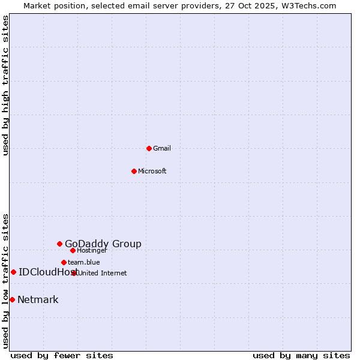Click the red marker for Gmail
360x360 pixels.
(x=149, y=148)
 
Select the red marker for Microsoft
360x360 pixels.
(x=134, y=171)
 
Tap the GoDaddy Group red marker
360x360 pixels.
(x=59, y=244)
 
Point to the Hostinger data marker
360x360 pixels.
(x=73, y=250)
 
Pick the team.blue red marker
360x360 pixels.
(x=64, y=262)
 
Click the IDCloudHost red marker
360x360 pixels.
(x=13, y=272)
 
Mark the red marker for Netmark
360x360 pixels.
(x=12, y=299)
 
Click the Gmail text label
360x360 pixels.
(x=162, y=148)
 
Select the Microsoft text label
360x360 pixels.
(x=152, y=171)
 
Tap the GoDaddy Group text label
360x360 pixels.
(x=103, y=244)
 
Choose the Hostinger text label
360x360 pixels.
(x=92, y=250)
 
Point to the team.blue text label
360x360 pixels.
(x=83, y=262)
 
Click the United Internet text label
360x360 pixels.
(x=102, y=273)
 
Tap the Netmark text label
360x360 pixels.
(x=38, y=299)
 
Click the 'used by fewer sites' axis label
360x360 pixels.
(x=62, y=355)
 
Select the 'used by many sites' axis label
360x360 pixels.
(x=301, y=355)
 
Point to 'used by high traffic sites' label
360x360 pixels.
(x=6, y=85)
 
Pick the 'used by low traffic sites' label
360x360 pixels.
(x=6, y=280)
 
